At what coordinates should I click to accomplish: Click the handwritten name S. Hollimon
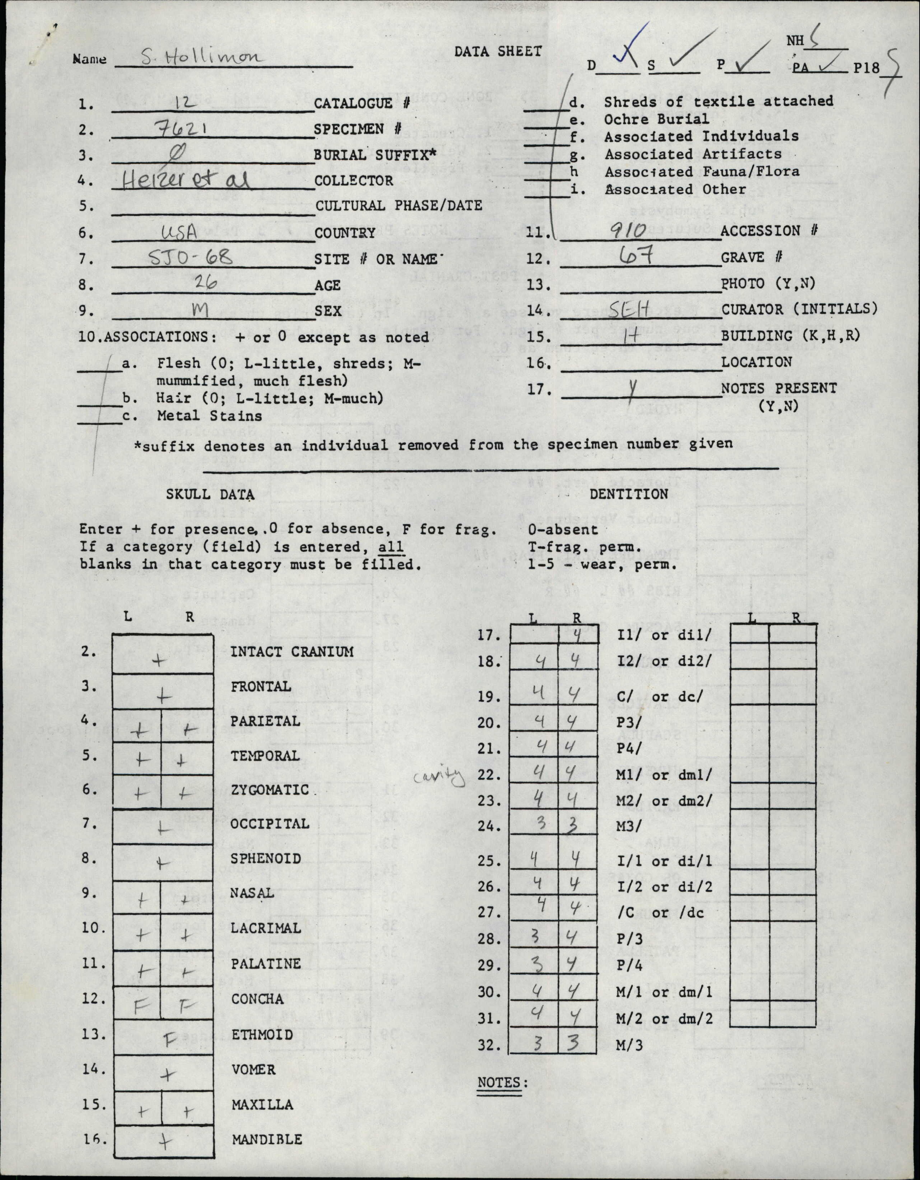[201, 57]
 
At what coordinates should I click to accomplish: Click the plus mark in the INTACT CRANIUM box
[158, 660]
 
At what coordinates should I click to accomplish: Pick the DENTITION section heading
[628, 494]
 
